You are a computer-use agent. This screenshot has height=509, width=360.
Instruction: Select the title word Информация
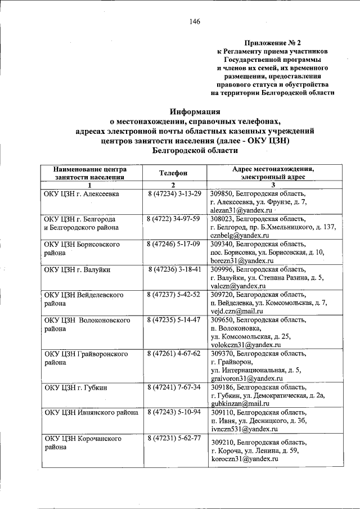click(x=195, y=111)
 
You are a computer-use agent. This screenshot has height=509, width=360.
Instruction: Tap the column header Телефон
click(x=173, y=174)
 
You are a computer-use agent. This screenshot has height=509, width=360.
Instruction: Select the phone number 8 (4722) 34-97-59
click(x=174, y=219)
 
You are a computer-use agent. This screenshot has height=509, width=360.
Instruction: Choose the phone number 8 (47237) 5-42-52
click(x=174, y=295)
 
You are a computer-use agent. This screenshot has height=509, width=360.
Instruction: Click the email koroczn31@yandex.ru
click(x=244, y=459)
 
